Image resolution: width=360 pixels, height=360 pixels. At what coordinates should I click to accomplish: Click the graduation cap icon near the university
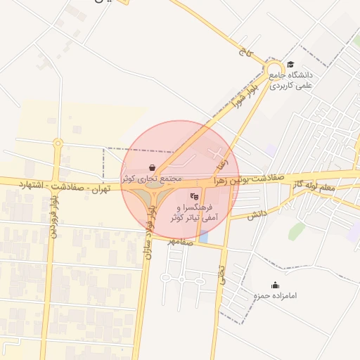point(290,65)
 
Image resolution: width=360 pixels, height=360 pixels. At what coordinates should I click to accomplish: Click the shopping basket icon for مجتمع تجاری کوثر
point(152,167)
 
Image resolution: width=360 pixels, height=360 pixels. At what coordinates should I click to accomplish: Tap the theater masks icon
point(195,196)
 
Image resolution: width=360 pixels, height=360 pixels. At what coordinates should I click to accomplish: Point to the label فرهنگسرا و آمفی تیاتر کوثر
point(191,213)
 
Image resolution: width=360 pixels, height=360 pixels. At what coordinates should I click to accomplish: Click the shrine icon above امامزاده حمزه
point(275,285)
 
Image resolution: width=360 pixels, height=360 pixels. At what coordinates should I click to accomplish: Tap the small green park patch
point(297,231)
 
